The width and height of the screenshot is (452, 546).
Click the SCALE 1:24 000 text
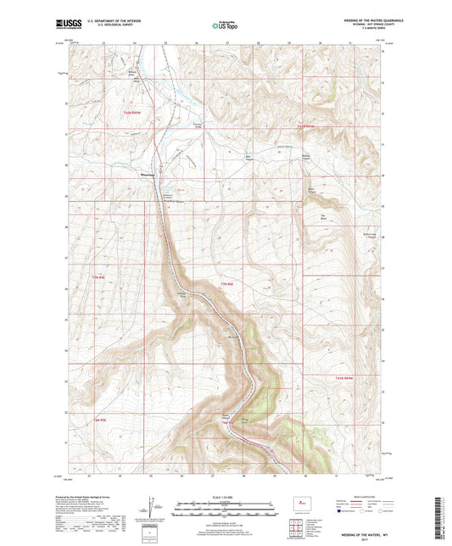226,497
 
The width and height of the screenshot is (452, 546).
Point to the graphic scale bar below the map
226,509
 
